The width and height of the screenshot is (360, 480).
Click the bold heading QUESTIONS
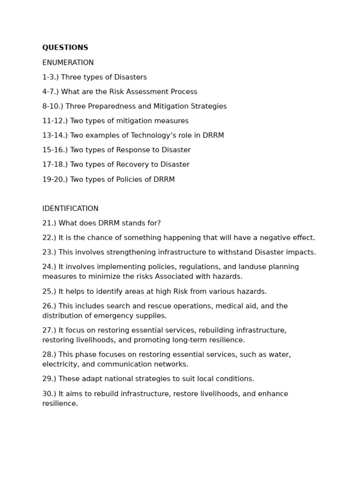(x=65, y=48)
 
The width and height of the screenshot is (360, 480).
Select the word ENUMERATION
(x=68, y=63)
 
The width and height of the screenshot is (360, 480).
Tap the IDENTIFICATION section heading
(x=70, y=209)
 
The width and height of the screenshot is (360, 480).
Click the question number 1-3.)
(x=51, y=77)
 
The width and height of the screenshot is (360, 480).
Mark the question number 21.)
(x=49, y=223)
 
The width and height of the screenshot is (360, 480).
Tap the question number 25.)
(x=49, y=292)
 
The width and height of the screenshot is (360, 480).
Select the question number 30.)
(x=49, y=394)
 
